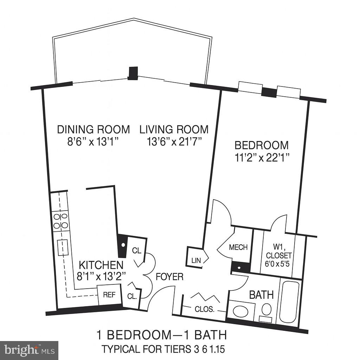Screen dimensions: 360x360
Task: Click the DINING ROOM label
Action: (94, 129)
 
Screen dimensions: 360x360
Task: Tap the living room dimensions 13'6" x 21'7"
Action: (174, 142)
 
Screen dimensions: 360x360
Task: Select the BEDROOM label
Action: (262, 145)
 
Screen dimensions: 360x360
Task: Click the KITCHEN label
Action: (101, 265)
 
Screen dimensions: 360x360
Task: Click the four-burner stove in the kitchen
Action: (60, 220)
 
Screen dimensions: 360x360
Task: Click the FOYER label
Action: (170, 277)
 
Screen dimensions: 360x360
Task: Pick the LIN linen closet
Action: (195, 260)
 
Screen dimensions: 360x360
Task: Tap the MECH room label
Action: (238, 247)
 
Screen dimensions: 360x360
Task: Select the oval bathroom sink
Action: (241, 311)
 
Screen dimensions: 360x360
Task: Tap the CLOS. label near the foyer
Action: (204, 309)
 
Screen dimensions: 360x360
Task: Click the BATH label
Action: (261, 295)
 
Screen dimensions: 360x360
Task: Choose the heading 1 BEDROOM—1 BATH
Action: (162, 335)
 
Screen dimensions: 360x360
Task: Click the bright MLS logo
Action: (29, 350)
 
